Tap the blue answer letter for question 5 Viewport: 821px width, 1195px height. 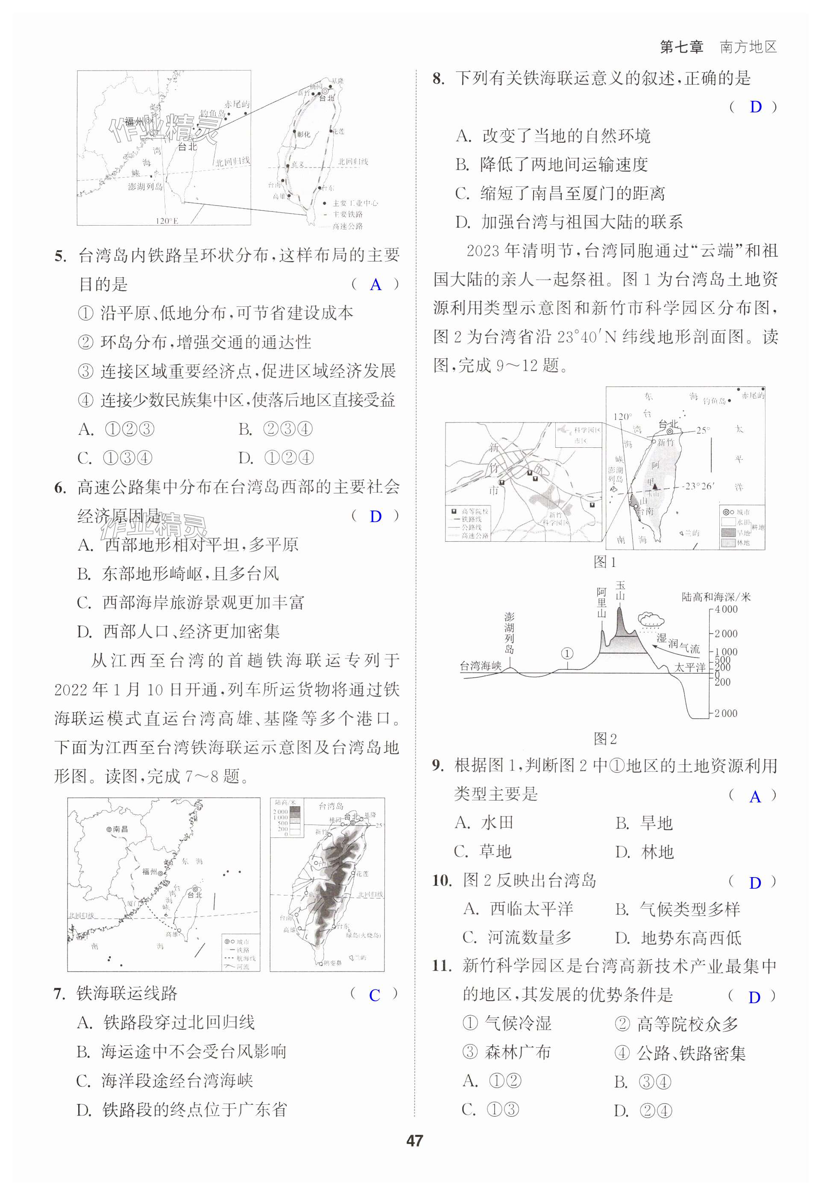375,285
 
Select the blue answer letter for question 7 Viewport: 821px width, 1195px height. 375,995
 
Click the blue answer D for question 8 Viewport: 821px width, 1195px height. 755,107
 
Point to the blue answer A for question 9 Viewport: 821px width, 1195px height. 755,797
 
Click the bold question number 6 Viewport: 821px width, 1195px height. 60,487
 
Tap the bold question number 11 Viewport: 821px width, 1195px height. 441,966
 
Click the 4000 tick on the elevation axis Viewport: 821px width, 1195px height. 726,610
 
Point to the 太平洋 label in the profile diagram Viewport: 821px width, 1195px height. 690,667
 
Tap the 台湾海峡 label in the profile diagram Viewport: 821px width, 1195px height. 481,666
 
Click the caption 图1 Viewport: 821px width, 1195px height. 604,562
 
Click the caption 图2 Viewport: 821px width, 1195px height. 604,739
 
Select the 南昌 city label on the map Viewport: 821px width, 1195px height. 120,829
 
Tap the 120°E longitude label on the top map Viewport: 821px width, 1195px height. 167,221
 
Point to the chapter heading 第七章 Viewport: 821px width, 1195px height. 681,47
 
